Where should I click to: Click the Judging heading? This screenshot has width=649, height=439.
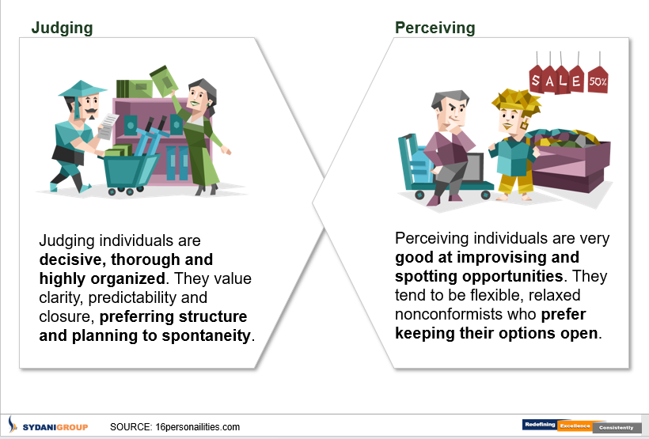62,28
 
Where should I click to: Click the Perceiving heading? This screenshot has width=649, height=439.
435,28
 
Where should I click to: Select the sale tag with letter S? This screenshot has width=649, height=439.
536,79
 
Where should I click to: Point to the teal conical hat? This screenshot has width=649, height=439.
82,89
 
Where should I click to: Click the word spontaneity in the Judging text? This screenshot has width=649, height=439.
206,335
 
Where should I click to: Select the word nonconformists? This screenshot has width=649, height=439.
448,314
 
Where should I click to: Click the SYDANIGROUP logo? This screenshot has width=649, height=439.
48,426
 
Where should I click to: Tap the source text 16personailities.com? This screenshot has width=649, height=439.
197,427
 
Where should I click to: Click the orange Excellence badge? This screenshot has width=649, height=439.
575,426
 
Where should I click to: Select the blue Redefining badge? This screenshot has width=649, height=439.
539,425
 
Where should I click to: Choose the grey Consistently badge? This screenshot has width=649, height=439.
617,427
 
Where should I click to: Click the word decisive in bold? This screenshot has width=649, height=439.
73,259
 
